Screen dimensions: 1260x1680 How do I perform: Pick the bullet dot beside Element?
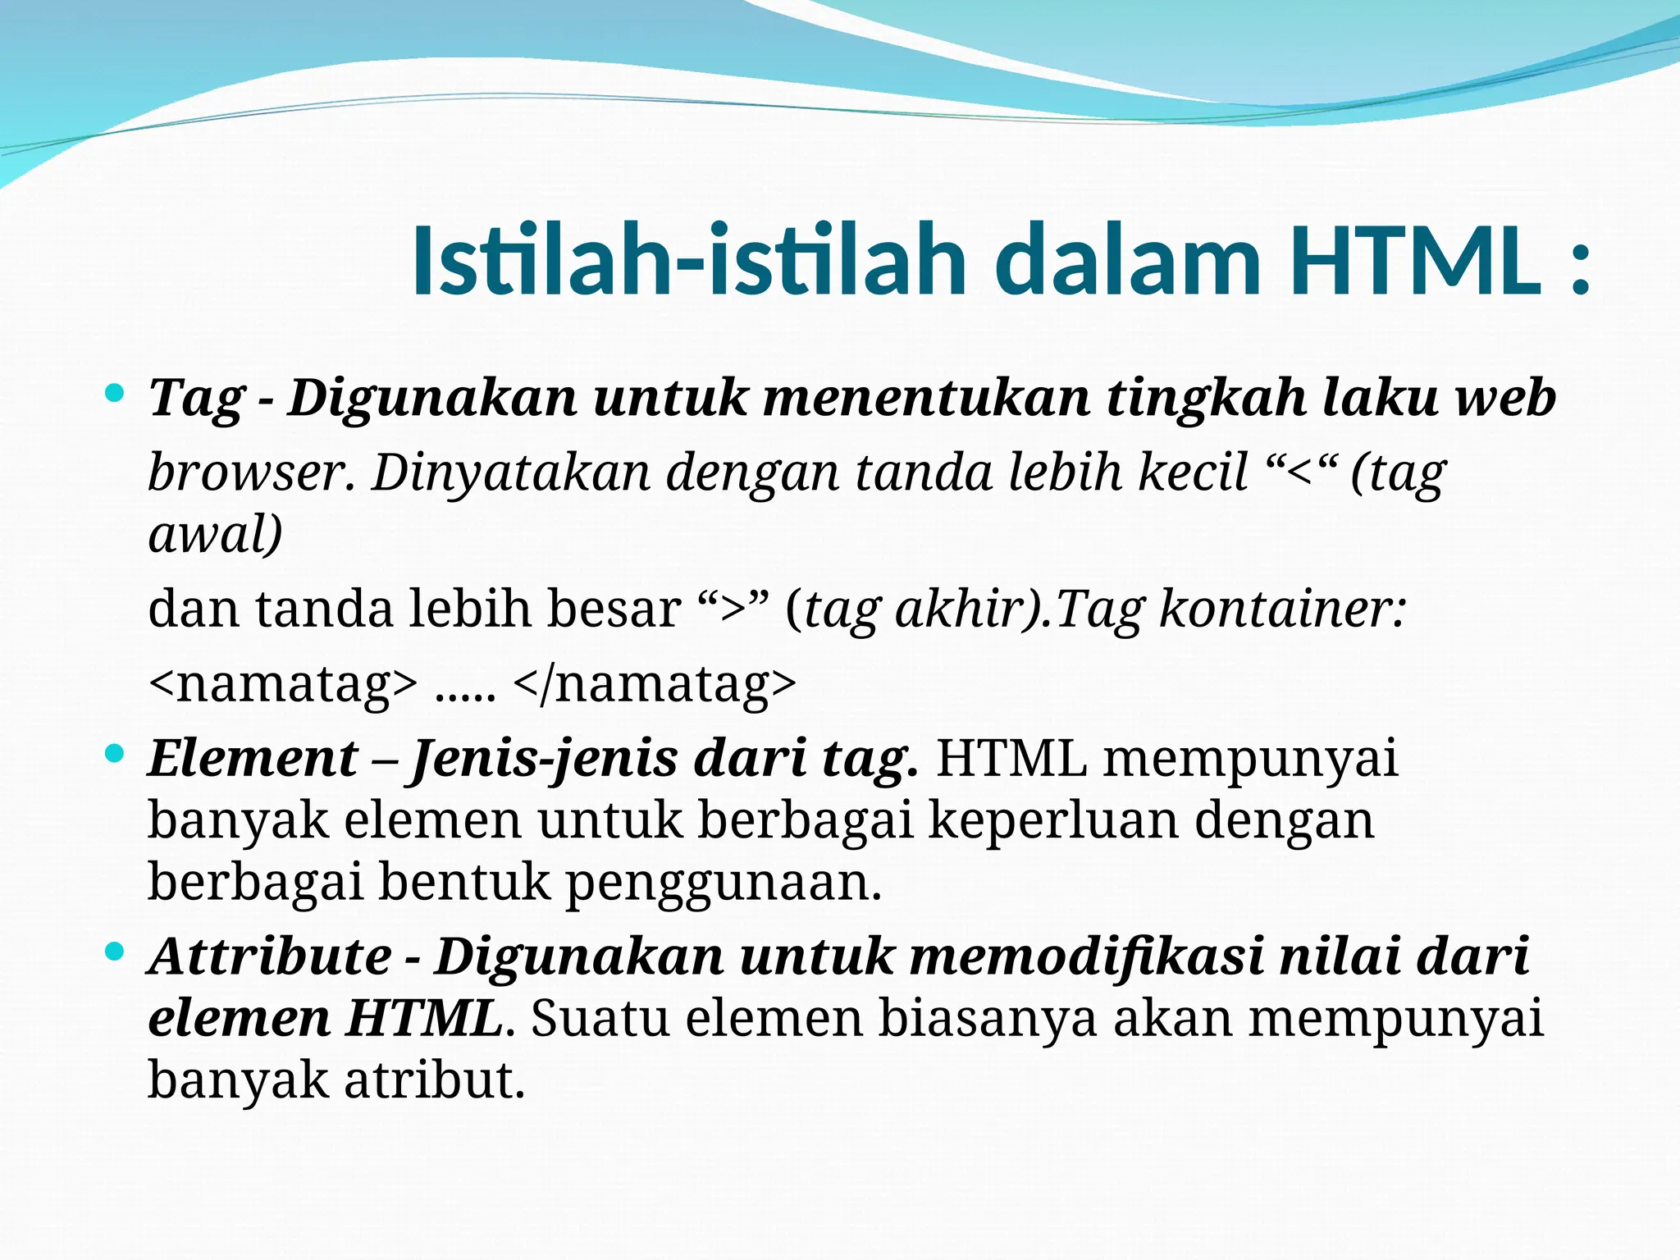pyautogui.click(x=115, y=752)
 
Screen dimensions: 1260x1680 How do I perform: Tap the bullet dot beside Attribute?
pyautogui.click(x=115, y=952)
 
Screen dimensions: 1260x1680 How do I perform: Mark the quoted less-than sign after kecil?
pyautogui.click(x=1302, y=472)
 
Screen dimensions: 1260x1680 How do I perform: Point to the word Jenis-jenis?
pyautogui.click(x=545, y=759)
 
